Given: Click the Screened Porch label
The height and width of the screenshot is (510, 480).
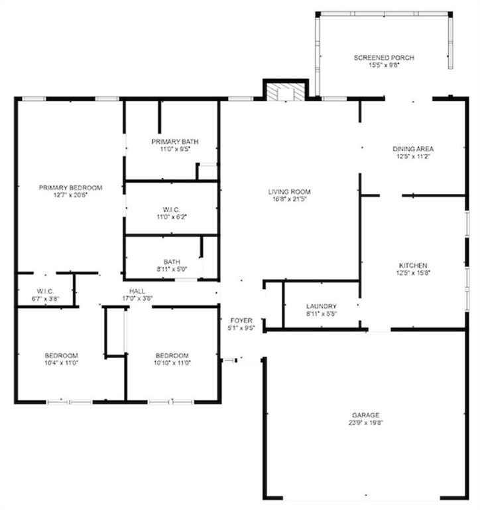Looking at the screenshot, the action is tap(384, 58).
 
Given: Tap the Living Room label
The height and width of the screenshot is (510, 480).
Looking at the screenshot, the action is tap(289, 191).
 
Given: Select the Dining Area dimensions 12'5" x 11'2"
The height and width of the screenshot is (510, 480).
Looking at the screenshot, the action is tap(413, 157).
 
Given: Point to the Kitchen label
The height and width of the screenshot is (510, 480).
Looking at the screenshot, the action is tap(413, 266).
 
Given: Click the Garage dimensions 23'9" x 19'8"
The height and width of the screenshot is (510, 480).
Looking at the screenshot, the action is tap(366, 423).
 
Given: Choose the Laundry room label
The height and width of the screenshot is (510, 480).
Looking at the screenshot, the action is tap(321, 306).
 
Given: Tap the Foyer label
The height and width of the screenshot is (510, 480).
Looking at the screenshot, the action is tap(241, 321).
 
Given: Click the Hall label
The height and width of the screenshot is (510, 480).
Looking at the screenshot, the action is tap(137, 291).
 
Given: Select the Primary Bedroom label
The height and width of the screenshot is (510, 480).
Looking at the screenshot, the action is tap(70, 188).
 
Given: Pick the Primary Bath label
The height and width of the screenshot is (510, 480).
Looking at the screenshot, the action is tap(175, 142).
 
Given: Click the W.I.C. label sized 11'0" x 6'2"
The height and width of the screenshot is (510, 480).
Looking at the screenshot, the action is tap(171, 210).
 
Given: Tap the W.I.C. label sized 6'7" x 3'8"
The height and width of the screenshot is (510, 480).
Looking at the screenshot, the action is tap(45, 291).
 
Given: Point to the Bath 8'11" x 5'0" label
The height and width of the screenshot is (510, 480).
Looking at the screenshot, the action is tap(172, 262).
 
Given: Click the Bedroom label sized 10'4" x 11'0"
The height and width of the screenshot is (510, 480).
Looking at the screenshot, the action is tap(62, 355).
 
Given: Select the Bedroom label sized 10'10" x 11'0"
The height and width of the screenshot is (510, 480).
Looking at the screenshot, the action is tap(172, 355).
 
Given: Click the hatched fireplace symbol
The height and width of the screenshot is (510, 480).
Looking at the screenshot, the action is tap(285, 92).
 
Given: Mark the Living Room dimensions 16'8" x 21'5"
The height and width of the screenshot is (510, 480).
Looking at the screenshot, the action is tap(289, 199).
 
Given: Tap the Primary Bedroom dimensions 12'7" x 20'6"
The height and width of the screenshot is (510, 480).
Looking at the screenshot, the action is tap(70, 195).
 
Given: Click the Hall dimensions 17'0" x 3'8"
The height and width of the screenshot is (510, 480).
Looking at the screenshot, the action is tap(137, 298).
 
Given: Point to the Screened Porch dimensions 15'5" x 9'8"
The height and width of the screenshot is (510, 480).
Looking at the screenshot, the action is tap(384, 65).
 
